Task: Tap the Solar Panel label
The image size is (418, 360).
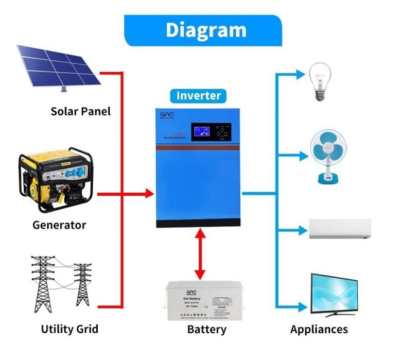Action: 80,111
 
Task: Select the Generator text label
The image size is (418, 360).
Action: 59,225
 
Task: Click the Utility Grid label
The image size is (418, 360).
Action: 69,329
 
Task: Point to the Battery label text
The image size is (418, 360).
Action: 206,329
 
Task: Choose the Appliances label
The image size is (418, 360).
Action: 319,329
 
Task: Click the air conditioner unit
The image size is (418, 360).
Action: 339,229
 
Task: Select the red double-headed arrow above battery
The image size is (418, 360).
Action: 200,256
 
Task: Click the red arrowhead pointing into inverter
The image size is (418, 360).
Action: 149,194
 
